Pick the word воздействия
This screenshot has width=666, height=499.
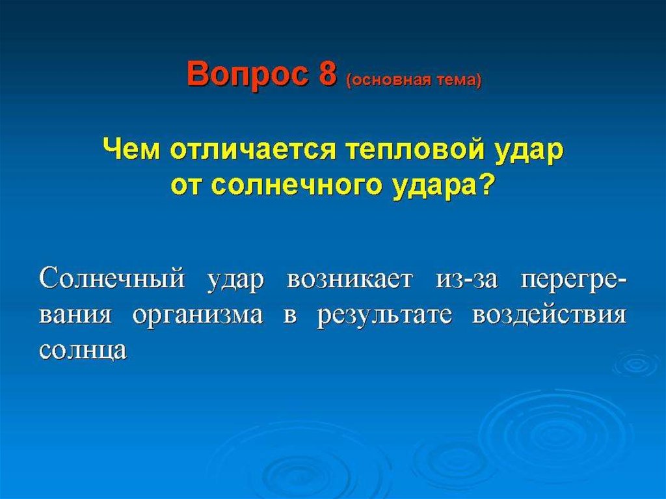coord(549,316)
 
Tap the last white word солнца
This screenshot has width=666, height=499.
coord(83,351)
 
